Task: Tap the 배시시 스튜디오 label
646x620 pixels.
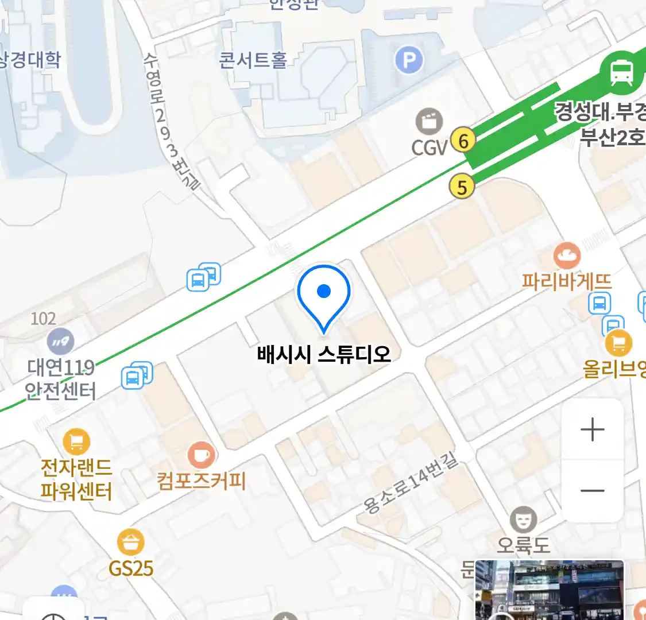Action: pos(324,354)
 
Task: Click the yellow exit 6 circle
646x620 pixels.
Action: pos(463,139)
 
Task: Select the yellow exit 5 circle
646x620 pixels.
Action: pos(462,187)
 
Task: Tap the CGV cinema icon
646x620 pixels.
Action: pos(430,121)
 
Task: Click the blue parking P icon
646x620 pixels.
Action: pos(409,60)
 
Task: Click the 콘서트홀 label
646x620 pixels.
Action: pos(253,60)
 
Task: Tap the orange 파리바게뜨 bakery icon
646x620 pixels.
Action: pos(567,255)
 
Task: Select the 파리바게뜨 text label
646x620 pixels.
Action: pos(567,281)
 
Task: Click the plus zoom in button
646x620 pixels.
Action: pos(592,429)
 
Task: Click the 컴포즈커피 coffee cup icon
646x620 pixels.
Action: pos(201,456)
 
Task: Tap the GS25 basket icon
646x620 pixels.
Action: pos(130,542)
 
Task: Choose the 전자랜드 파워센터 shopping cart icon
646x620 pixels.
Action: pos(76,442)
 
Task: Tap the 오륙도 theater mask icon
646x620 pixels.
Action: pos(523,520)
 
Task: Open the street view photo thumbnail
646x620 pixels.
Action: pos(549,590)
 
